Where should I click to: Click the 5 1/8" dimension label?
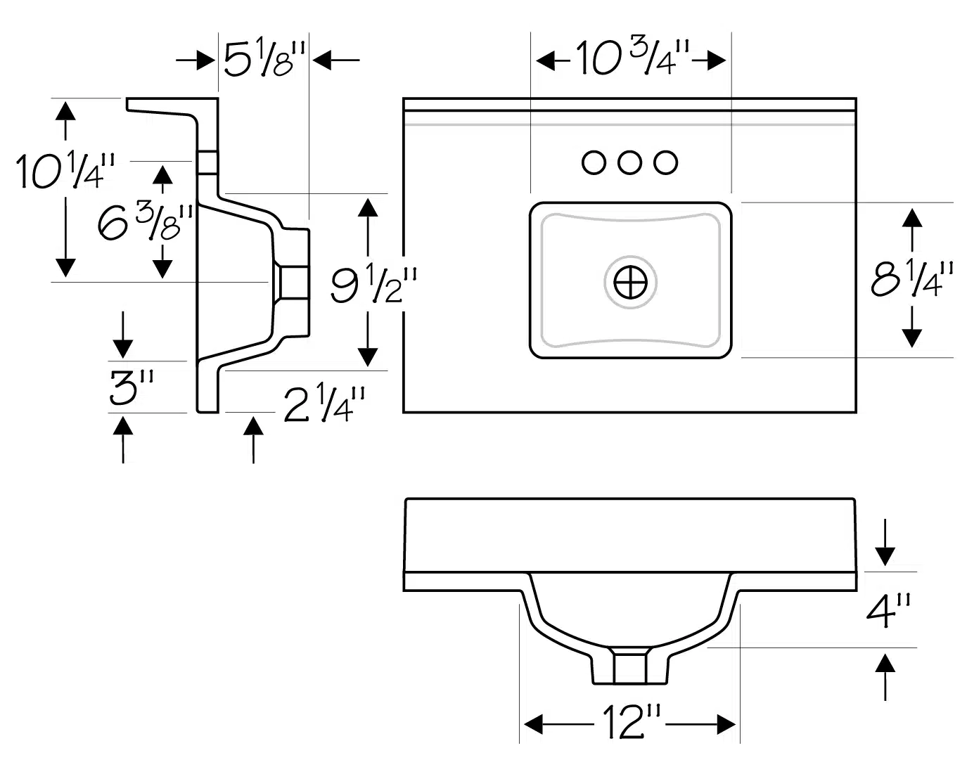[x=264, y=59]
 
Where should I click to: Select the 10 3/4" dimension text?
[x=633, y=58]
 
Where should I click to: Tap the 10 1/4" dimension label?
[x=65, y=171]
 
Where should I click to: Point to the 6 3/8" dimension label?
[x=145, y=222]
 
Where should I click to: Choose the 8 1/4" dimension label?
[x=912, y=279]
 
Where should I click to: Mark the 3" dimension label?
[x=132, y=387]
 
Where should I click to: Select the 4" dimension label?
[x=888, y=611]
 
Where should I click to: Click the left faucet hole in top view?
[x=594, y=162]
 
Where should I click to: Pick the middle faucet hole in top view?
[x=629, y=162]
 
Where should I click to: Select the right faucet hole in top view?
[x=665, y=162]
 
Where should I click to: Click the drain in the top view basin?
[x=630, y=283]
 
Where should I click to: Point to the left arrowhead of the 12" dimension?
[x=533, y=724]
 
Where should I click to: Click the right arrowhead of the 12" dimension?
[x=726, y=724]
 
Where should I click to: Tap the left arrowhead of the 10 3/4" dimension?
[x=546, y=60]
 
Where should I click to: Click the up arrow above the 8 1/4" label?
[x=912, y=229]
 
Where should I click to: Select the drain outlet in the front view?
[x=630, y=669]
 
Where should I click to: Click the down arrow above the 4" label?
[x=885, y=542]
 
